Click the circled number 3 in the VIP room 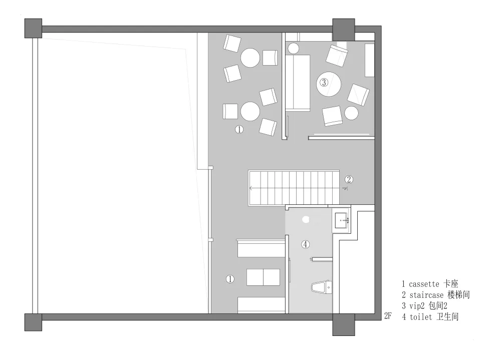coord(324,83)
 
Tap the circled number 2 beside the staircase coord(349,180)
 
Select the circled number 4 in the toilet coord(306,244)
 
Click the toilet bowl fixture coord(322,287)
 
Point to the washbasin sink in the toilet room coord(341,221)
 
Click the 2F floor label coord(388,316)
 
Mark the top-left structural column coord(33,28)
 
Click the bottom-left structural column coord(33,322)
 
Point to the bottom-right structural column coord(344,324)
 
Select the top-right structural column coord(344,30)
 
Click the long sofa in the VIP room coord(298,83)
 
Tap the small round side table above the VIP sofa coord(293,49)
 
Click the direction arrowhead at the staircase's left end coord(251,188)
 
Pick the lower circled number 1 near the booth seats coord(230,279)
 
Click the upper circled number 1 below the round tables coord(239,129)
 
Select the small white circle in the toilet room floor coord(306,219)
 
